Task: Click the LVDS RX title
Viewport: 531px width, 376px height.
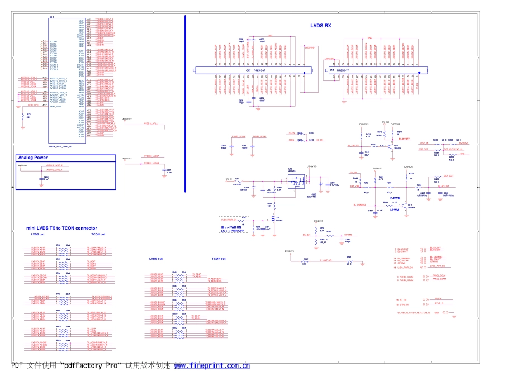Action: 321,26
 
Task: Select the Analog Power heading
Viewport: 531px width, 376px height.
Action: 33,158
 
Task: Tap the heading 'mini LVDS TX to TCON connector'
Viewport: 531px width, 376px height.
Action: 61,228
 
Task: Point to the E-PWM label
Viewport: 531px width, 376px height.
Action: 395,198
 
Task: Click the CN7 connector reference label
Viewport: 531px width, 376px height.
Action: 248,71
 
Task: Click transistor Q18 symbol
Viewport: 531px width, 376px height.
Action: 397,146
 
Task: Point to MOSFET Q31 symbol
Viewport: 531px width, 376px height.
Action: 272,218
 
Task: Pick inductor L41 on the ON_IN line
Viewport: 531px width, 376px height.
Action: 237,181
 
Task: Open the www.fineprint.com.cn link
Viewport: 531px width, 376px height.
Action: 212,366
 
